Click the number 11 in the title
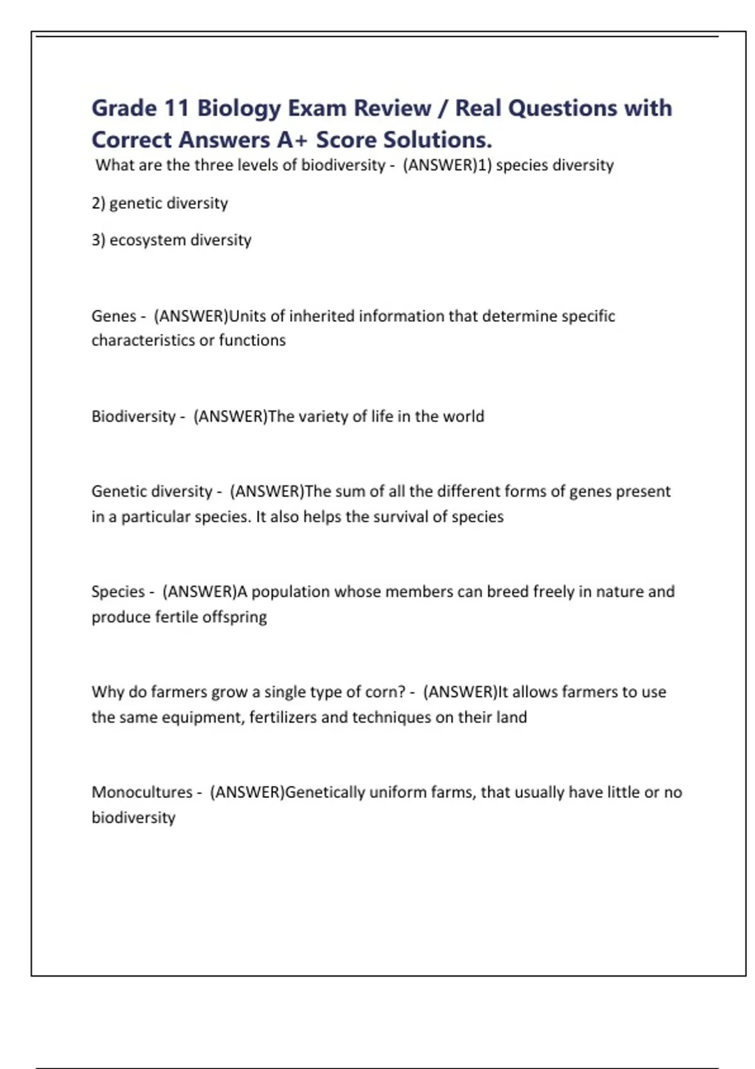[176, 108]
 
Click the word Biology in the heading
[239, 108]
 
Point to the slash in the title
[443, 108]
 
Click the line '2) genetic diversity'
[160, 203]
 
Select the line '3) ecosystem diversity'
[171, 240]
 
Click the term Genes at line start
[113, 316]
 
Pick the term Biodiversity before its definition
[133, 416]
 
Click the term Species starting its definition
[118, 592]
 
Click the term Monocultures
[142, 792]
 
